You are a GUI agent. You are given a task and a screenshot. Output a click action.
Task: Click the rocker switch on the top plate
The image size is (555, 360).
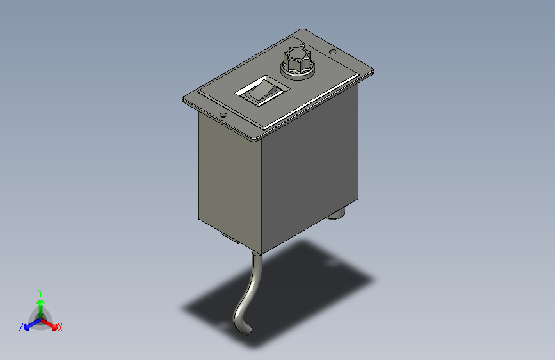point(261,92)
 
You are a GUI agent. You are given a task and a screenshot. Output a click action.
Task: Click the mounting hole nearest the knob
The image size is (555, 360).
point(333,53)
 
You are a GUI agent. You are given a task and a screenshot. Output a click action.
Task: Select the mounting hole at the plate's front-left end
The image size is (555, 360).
point(224,116)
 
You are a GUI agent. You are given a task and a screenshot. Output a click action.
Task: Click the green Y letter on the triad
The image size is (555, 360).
point(40,291)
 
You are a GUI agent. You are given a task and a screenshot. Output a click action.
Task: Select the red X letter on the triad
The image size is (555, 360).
point(60,328)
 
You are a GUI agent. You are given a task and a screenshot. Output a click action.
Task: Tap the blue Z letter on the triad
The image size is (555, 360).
point(21,327)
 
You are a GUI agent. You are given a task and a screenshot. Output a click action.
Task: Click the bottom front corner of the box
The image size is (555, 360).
point(262,251)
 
